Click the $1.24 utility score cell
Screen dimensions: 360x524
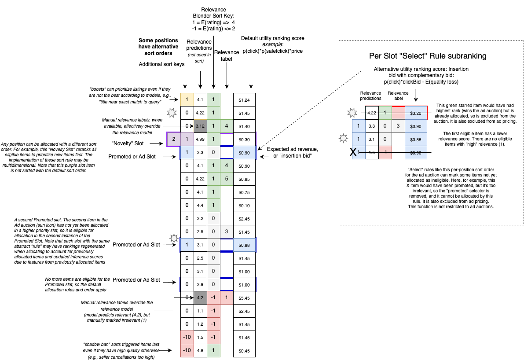[x=244, y=100]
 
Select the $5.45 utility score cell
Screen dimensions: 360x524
[x=244, y=298]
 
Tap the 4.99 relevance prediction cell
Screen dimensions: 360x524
[x=200, y=140]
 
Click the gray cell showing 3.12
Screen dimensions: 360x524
[x=200, y=126]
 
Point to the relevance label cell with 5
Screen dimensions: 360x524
[x=226, y=179]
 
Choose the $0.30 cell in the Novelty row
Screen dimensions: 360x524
[x=244, y=140]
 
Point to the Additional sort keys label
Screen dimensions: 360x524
[x=161, y=64]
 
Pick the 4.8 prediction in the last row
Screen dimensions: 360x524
[x=200, y=351]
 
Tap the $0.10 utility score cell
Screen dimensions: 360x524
[x=244, y=206]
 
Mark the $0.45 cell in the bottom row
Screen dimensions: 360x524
[x=244, y=351]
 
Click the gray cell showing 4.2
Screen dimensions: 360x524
[x=200, y=298]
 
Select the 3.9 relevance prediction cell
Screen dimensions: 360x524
[x=200, y=285]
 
